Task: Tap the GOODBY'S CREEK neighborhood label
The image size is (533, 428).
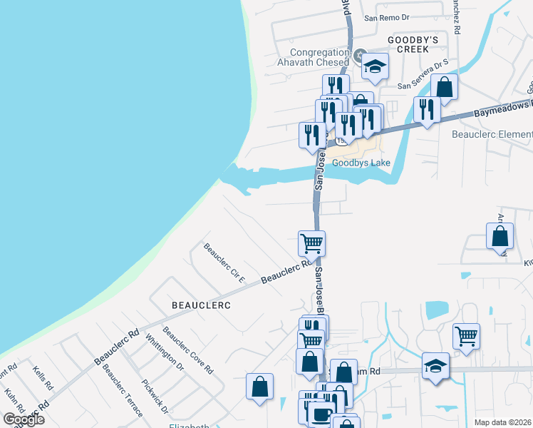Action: (x=408, y=44)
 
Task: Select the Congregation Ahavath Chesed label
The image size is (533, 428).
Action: (x=319, y=57)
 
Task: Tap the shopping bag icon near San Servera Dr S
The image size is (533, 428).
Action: (x=444, y=87)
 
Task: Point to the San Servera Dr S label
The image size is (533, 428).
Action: (x=423, y=75)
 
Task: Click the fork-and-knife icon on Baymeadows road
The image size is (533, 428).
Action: (x=426, y=110)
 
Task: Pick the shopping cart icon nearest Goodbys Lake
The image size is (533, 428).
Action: (x=311, y=243)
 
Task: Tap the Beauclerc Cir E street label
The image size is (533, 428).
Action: (x=224, y=263)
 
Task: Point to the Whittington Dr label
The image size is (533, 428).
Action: (x=165, y=352)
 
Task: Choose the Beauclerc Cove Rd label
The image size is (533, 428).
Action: (x=187, y=350)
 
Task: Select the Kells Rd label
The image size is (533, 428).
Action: (x=43, y=377)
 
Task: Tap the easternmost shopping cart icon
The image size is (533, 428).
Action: (x=466, y=336)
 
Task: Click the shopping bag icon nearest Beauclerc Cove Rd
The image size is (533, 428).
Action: (x=259, y=387)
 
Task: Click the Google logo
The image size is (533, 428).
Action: (x=24, y=419)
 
